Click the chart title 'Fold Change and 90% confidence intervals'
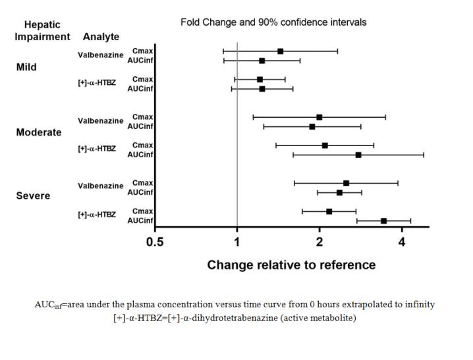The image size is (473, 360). click(x=273, y=22)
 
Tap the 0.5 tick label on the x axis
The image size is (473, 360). click(x=155, y=242)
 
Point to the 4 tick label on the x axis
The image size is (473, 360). click(x=402, y=242)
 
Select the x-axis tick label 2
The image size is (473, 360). click(x=320, y=242)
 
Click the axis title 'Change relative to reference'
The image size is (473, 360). click(x=291, y=265)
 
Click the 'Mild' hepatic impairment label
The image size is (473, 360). click(x=26, y=67)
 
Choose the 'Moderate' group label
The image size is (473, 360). click(x=39, y=132)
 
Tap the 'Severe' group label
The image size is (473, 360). click(x=33, y=196)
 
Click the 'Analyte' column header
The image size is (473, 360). click(x=101, y=37)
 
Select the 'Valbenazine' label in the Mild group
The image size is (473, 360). click(x=100, y=55)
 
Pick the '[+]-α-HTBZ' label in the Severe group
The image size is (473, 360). click(x=96, y=215)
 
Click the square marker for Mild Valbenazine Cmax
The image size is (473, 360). click(x=281, y=51)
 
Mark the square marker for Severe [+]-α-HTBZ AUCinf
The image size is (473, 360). click(x=383, y=221)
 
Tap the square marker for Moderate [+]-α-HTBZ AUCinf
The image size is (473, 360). click(x=358, y=155)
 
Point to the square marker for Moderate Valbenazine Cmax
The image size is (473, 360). click(x=320, y=117)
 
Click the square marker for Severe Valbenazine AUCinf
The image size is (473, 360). click(x=339, y=193)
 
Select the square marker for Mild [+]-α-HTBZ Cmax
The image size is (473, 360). click(x=260, y=80)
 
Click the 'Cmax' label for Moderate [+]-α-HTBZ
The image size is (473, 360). click(x=142, y=145)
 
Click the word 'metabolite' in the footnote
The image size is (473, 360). click(x=333, y=319)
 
